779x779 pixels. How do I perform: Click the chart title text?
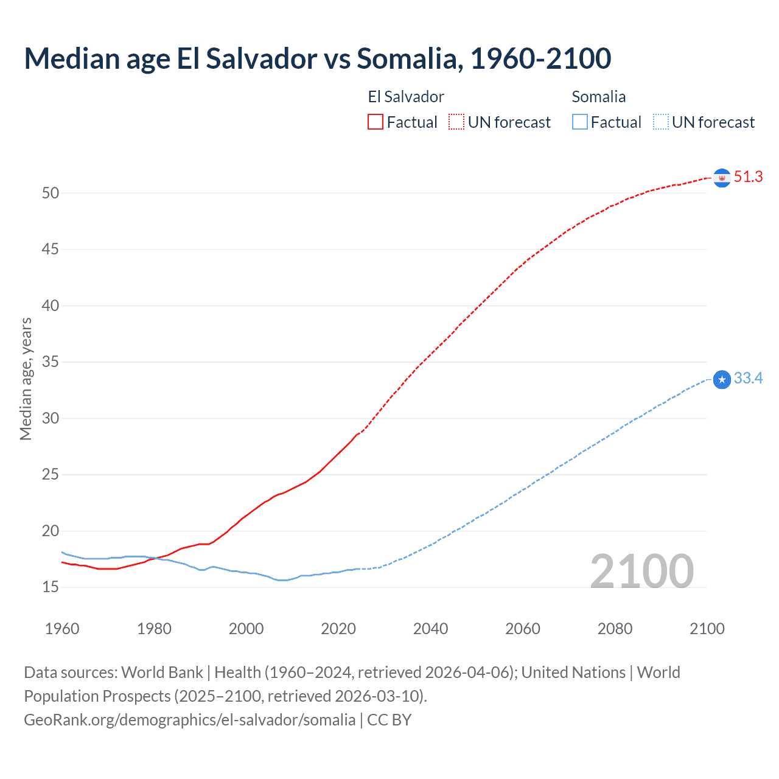coord(317,59)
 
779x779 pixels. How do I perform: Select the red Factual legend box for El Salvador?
coord(376,122)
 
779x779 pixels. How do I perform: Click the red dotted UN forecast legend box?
coord(456,122)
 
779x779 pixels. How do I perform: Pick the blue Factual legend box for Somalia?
coord(580,122)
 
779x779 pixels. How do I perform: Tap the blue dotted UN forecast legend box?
coord(661,122)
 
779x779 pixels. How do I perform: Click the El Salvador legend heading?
coord(406,97)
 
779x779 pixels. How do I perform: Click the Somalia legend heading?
coord(598,97)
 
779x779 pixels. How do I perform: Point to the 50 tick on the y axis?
coord(51,193)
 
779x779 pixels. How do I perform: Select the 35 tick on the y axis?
coord(51,362)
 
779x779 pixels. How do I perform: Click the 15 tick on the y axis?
coord(51,587)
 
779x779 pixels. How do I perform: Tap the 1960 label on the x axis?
coord(62,629)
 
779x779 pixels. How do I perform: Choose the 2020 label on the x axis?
coord(338,629)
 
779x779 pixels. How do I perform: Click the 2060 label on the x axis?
coord(523,629)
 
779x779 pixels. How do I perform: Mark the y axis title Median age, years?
coord(26,379)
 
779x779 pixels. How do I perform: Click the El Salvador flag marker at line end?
coord(722,178)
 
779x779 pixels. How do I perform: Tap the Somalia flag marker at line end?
coord(722,380)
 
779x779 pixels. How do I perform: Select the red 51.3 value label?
coord(748,176)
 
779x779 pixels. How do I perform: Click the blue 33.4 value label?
coord(748,379)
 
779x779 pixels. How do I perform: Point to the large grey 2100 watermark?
coord(642,571)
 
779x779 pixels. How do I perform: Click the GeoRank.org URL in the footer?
coord(189,719)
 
